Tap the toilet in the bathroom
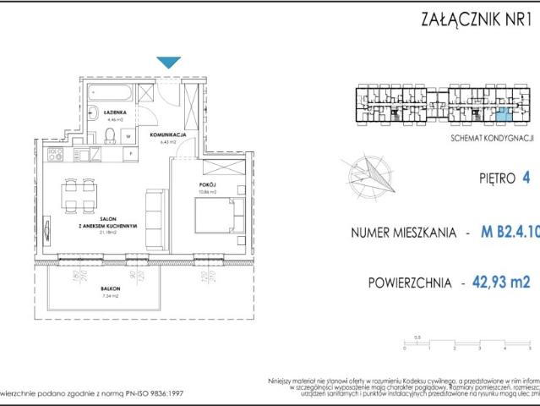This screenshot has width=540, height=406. pyautogui.click(x=110, y=137)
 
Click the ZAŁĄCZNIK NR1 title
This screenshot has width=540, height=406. pyautogui.click(x=473, y=20)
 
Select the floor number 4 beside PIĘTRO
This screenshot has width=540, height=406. pyautogui.click(x=526, y=178)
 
